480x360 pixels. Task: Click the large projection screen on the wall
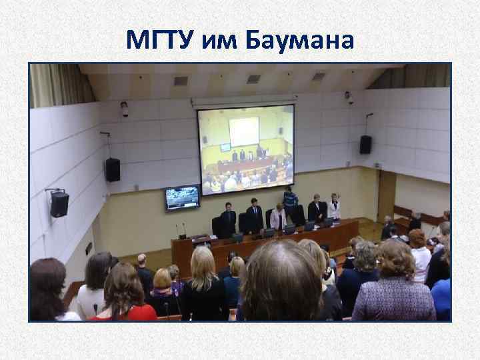pos(246,149)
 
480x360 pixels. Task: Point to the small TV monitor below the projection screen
pos(182,197)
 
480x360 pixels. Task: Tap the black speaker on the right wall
pos(365,144)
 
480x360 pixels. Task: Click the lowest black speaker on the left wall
pos(59,203)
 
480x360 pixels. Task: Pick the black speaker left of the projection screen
pos(113,169)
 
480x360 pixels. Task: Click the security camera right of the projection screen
pos(349,98)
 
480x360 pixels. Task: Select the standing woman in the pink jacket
pos(279,217)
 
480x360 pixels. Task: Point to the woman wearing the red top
pos(123,293)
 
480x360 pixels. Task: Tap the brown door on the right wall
pos(386,196)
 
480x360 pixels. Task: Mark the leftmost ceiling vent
pos(181,81)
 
